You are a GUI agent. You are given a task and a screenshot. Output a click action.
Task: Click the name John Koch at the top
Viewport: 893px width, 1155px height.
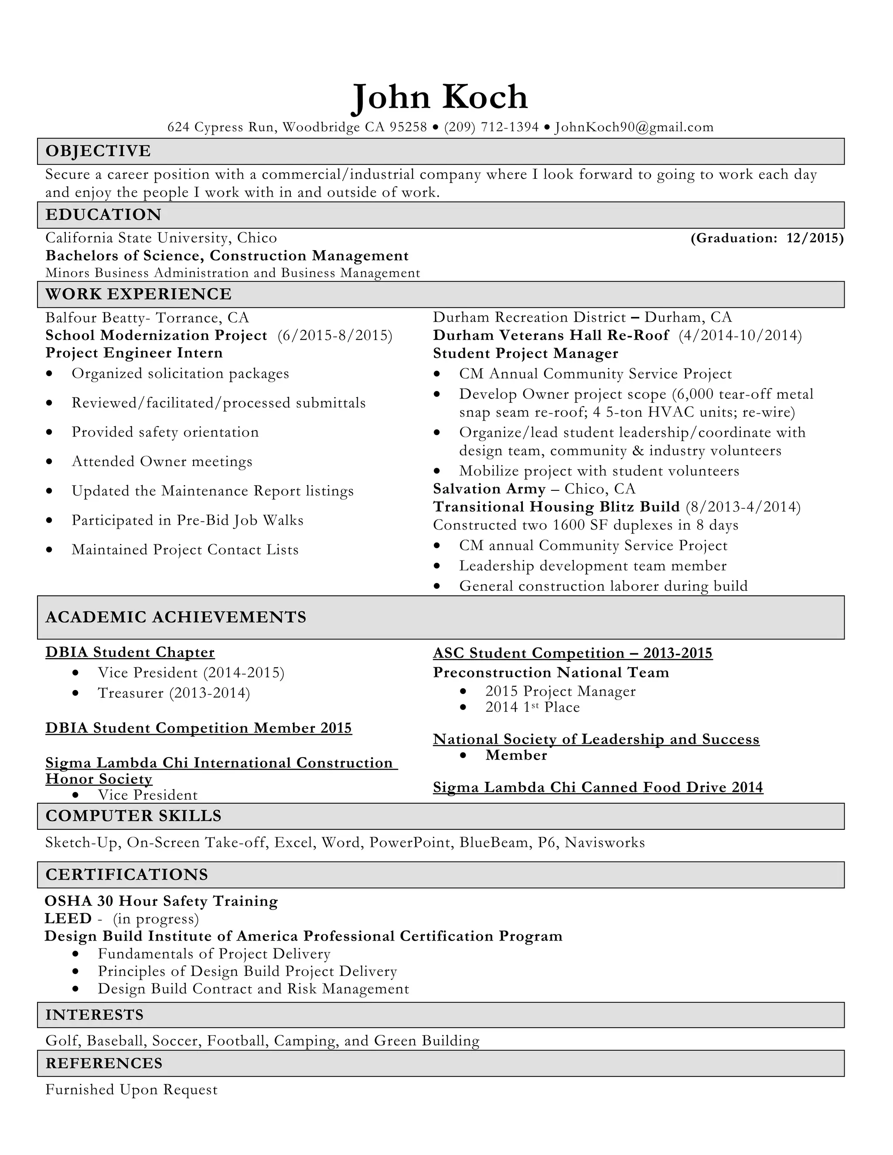tap(440, 98)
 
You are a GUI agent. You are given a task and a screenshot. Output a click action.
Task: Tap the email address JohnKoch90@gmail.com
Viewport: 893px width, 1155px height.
tap(634, 127)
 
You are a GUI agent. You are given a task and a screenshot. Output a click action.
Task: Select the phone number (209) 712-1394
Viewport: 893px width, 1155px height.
tap(491, 127)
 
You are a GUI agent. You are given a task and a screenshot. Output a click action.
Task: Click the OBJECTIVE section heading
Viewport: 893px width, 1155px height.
tap(99, 151)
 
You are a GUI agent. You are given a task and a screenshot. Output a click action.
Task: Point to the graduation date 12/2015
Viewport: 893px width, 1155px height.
tap(815, 238)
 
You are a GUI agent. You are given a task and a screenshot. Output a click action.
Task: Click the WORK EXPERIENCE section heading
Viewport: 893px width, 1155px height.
tap(139, 294)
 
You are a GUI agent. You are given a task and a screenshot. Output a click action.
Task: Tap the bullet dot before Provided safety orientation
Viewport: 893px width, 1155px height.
tap(49, 433)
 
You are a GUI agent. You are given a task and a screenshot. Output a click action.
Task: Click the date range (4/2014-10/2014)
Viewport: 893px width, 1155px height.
tap(740, 335)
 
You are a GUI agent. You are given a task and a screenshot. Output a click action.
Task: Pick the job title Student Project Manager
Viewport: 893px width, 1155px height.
tap(525, 353)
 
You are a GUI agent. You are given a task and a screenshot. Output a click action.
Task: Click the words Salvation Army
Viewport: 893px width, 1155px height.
tap(489, 489)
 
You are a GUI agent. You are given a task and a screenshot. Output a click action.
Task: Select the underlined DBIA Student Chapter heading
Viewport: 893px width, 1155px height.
tap(130, 652)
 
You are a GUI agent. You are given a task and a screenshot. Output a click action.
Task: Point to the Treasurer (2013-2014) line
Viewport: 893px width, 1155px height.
tap(174, 693)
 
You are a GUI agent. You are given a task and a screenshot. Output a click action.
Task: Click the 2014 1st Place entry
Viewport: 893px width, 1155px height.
tap(532, 707)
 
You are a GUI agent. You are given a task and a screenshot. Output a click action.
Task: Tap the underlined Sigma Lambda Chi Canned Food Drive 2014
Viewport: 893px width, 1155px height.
tap(598, 788)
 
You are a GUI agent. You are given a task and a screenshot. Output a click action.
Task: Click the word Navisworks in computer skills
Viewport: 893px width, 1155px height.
tap(605, 842)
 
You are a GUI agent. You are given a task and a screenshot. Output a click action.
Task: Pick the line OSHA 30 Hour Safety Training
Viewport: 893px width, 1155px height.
tap(161, 901)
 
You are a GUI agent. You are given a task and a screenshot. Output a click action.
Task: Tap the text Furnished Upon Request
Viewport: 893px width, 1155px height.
tap(131, 1090)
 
